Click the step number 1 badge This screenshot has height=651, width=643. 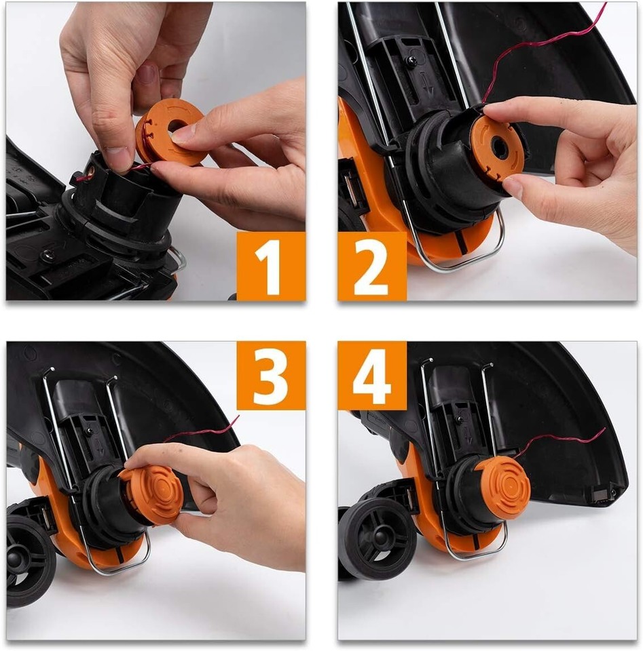tap(271, 266)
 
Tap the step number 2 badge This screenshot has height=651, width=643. tap(372, 266)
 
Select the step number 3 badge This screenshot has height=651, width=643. tap(271, 375)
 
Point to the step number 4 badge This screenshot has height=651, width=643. tap(372, 375)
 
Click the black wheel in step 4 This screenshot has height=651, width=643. tap(378, 539)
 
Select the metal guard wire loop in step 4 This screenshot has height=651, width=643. tap(475, 553)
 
